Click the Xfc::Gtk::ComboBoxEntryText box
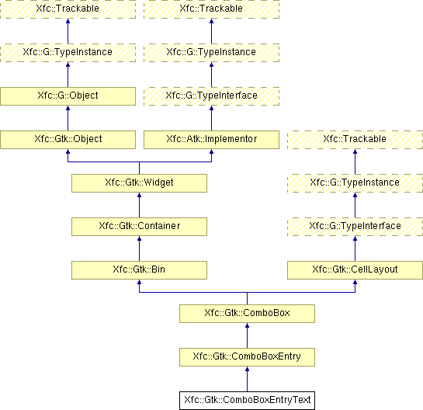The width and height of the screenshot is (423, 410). pyautogui.click(x=247, y=401)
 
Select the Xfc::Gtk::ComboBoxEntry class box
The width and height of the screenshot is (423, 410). pyautogui.click(x=247, y=357)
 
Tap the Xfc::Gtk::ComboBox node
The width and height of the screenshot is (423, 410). pyautogui.click(x=247, y=314)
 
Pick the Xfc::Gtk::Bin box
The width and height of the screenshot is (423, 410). pyautogui.click(x=139, y=270)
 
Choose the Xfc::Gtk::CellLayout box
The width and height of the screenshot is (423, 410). pyautogui.click(x=355, y=270)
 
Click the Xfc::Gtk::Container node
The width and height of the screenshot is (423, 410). pyautogui.click(x=139, y=227)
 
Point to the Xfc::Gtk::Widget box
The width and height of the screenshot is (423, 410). pyautogui.click(x=139, y=183)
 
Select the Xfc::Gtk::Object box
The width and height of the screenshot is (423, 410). pyautogui.click(x=68, y=140)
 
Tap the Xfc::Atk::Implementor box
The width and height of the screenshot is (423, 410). pyautogui.click(x=211, y=140)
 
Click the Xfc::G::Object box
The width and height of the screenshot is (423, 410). pyautogui.click(x=68, y=96)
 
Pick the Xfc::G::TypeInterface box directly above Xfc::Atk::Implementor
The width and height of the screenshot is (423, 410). pyautogui.click(x=211, y=96)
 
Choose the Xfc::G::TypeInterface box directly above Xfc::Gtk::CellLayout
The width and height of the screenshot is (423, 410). pyautogui.click(x=355, y=227)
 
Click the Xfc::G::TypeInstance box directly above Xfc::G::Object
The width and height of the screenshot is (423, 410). pyautogui.click(x=68, y=53)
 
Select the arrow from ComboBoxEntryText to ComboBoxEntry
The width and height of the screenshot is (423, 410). pyautogui.click(x=247, y=379)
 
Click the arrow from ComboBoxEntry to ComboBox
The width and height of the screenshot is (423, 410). pyautogui.click(x=247, y=335)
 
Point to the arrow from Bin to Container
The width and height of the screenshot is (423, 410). pyautogui.click(x=139, y=248)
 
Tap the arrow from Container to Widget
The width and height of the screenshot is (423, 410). pyautogui.click(x=139, y=205)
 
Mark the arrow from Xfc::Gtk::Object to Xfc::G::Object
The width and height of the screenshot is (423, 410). pyautogui.click(x=68, y=118)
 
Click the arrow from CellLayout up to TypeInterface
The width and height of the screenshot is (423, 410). pyautogui.click(x=355, y=248)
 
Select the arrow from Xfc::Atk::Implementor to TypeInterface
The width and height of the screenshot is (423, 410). pyautogui.click(x=211, y=118)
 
